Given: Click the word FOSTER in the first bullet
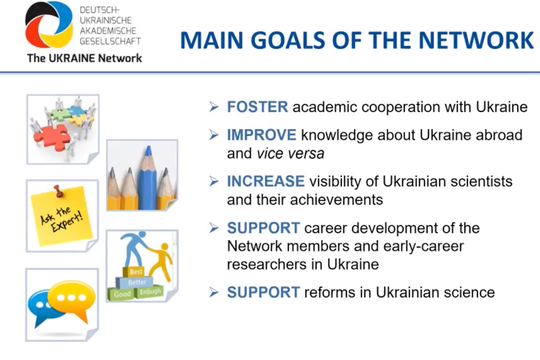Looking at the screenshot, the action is coord(257,107).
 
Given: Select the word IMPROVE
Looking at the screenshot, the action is coord(262,134).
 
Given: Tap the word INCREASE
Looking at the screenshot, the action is coord(266,181).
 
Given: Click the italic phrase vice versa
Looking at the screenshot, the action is coord(290,154).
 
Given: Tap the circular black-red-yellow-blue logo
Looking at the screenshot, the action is coord(49,25).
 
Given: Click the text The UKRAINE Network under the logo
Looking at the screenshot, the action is coord(85,58).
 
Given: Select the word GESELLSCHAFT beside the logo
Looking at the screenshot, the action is coord(110,41).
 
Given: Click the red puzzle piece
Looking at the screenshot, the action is coord(52,137).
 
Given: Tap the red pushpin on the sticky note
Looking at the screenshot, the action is coord(59,191).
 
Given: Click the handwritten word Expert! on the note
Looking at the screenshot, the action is coord(67,222).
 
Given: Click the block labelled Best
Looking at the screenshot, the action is coord(135,272).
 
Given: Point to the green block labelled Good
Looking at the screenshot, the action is coord(122,294).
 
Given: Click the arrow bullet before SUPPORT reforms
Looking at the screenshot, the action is coord(214,292).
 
